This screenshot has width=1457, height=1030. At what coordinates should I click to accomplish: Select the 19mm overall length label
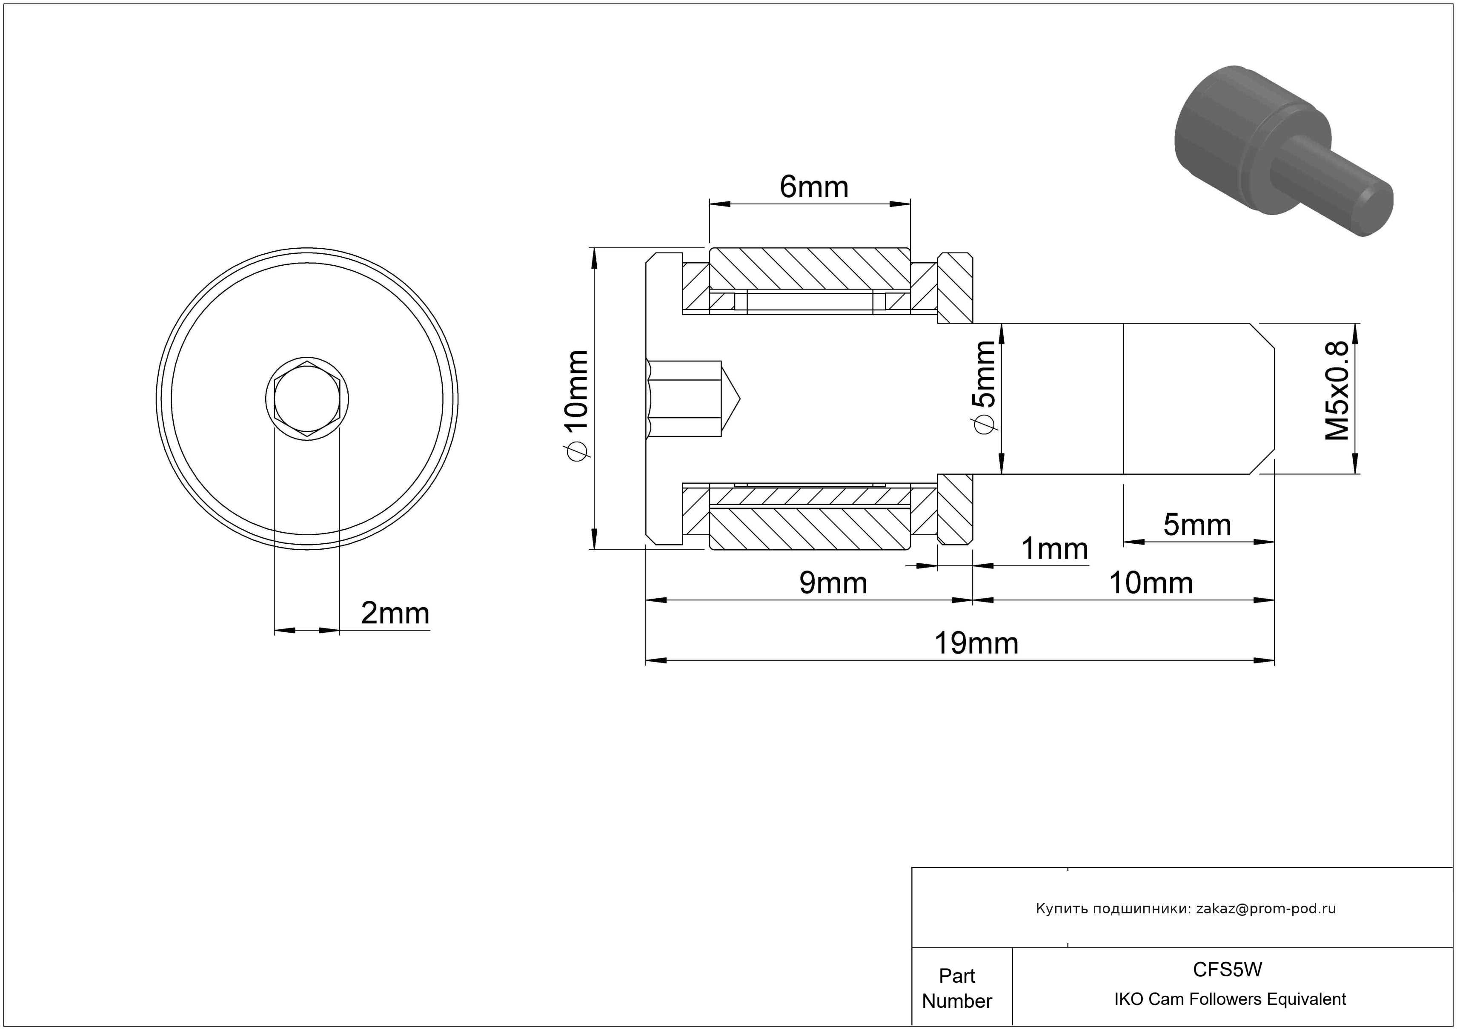(976, 643)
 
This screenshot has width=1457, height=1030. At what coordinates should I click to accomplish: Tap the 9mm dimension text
(833, 582)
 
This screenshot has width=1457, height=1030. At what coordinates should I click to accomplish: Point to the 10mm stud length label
(1151, 582)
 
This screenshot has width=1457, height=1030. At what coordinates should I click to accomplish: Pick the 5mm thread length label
(1197, 525)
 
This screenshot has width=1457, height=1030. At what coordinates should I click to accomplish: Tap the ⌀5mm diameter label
(984, 387)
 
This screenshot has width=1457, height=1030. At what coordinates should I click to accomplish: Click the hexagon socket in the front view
(307, 399)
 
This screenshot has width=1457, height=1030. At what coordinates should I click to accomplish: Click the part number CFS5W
(1227, 970)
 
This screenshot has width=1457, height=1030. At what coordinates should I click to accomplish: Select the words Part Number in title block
(957, 988)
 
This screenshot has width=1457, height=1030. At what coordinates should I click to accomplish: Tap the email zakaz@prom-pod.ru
(1266, 909)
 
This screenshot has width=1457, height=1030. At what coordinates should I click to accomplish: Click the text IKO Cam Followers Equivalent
(1230, 999)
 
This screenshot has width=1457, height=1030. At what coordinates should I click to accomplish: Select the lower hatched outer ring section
(810, 528)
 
